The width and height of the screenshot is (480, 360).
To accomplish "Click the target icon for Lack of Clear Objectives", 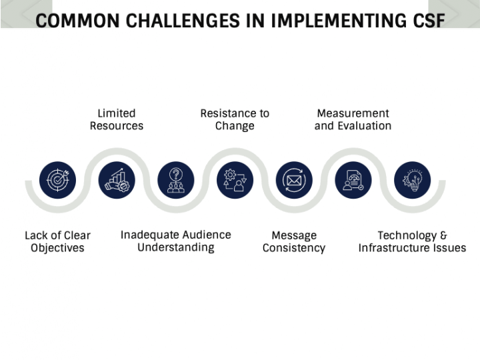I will pos(57,180).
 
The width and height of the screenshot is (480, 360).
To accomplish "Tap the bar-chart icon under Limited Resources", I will pos(117,180).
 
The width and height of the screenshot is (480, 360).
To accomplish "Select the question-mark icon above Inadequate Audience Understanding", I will pos(176,180).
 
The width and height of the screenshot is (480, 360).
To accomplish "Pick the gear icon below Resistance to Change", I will pos(235,180).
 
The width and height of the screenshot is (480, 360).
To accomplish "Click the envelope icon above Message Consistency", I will pos(294,180).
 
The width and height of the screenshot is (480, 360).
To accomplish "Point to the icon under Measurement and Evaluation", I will pos(353,180).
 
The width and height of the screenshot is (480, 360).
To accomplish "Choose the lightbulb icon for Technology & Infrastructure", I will pos(412,180).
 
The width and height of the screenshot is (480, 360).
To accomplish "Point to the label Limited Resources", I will pos(117,119).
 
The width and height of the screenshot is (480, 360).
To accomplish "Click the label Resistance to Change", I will pos(235,119).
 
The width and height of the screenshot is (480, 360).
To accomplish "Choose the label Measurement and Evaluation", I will pos(353,119).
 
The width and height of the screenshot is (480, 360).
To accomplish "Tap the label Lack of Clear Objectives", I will pos(57,241).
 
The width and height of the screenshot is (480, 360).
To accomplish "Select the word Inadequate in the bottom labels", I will pos(149,235).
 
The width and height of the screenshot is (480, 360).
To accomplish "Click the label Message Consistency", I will pos(294,241).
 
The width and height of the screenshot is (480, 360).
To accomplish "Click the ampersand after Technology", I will pos(443,235).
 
